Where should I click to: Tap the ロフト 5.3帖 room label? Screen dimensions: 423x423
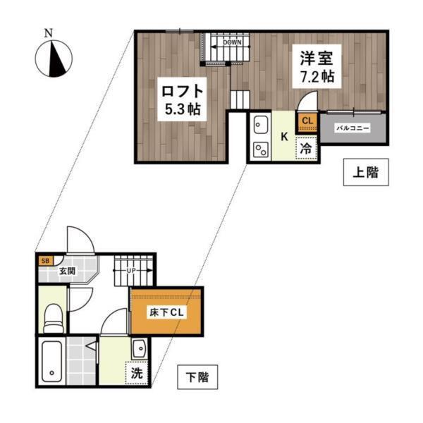182,99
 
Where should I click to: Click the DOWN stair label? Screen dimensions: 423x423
233,42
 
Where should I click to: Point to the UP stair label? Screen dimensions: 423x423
131,271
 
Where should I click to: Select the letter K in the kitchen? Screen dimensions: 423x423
285,136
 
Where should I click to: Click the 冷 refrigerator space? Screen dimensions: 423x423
306,149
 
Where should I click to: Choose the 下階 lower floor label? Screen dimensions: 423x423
197,376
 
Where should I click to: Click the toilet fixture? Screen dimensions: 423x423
52,315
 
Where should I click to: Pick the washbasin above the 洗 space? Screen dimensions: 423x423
138,348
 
